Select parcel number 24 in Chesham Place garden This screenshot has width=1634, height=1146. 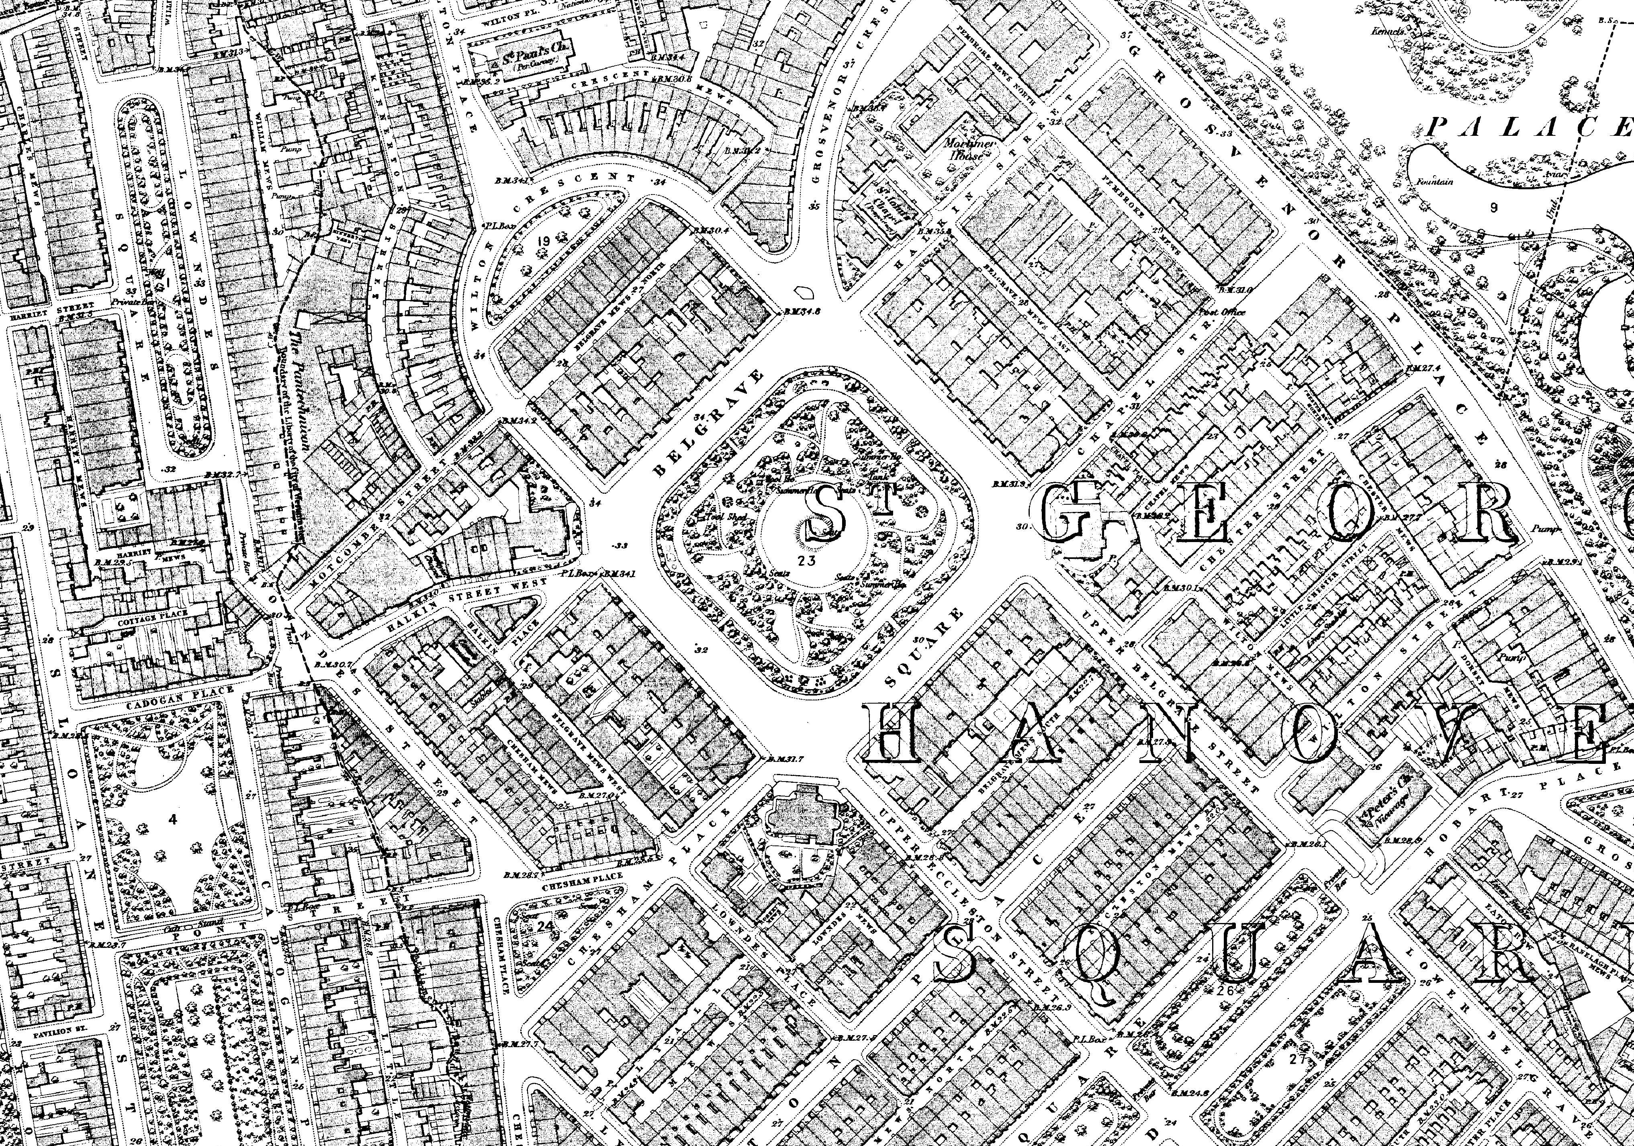click(x=546, y=926)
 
